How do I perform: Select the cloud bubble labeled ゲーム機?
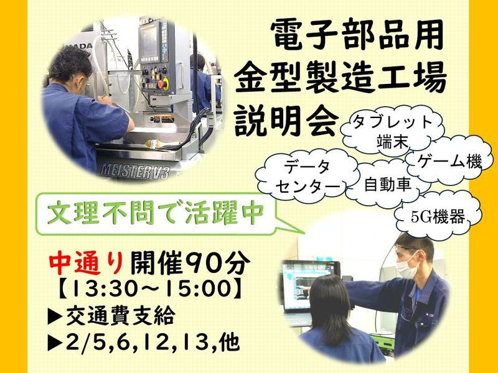pos(448,162)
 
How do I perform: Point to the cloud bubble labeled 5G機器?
pos(438,217)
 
